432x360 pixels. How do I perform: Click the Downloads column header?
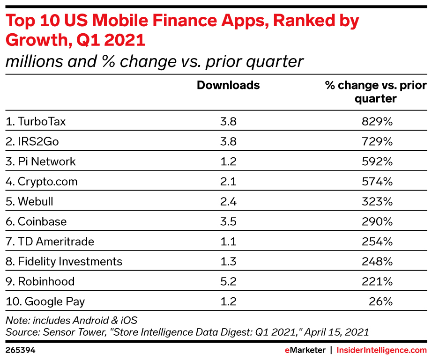click(x=228, y=85)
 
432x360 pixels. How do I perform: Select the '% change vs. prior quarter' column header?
click(x=376, y=92)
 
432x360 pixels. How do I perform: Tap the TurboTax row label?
click(x=36, y=122)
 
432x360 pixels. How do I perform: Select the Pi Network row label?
click(x=40, y=162)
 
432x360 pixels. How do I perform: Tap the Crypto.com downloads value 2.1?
click(x=228, y=182)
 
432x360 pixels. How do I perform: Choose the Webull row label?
click(x=29, y=202)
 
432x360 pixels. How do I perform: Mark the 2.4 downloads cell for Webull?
click(x=228, y=202)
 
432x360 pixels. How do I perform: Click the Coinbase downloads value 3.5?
click(x=228, y=221)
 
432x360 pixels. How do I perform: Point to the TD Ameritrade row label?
click(x=50, y=242)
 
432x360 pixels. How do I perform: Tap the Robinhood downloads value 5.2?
click(x=228, y=281)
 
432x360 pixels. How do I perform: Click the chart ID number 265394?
click(x=20, y=350)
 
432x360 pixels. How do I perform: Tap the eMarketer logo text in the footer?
click(x=305, y=350)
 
